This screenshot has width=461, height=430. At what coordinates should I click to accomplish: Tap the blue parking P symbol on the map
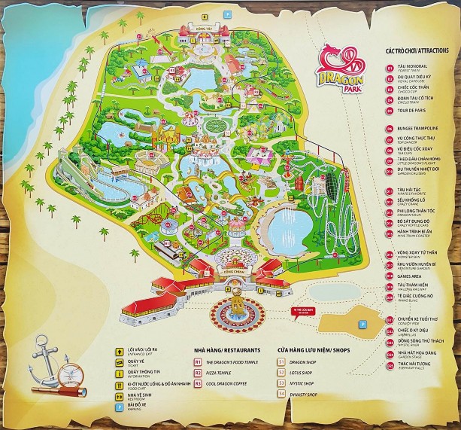tap(361, 324)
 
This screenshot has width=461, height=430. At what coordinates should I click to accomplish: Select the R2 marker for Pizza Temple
tap(198, 372)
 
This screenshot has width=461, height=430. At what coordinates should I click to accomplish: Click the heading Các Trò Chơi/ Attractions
tap(418, 50)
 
